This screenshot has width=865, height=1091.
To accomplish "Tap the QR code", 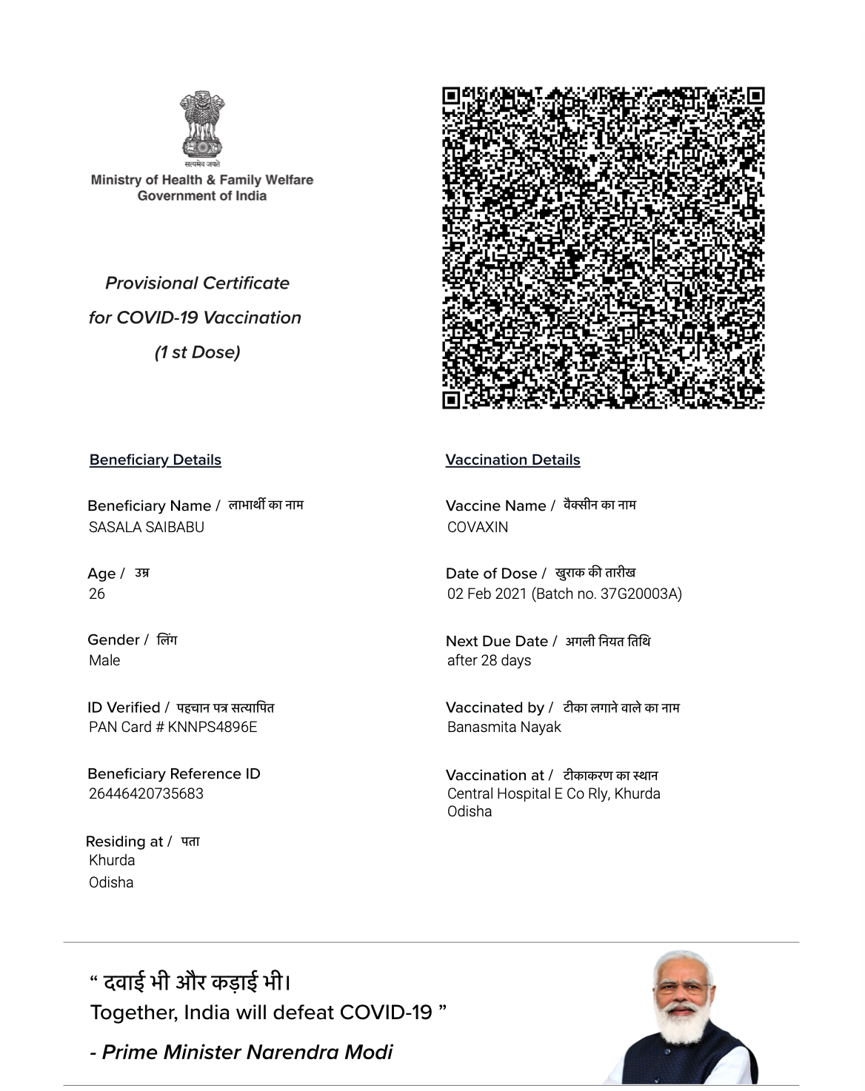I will pyautogui.click(x=603, y=247).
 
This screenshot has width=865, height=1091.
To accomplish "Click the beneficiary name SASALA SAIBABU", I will pyautogui.click(x=147, y=527).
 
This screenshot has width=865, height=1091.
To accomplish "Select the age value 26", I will pyautogui.click(x=97, y=594).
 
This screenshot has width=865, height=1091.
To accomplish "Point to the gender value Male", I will pyautogui.click(x=104, y=660).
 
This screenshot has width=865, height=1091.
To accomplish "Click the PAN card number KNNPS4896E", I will pyautogui.click(x=213, y=727).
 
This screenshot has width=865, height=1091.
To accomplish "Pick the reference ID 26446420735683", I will pyautogui.click(x=146, y=793).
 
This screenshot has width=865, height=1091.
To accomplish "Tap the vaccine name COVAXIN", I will pyautogui.click(x=478, y=527).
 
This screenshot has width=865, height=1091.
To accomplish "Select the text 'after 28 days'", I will pyautogui.click(x=489, y=660).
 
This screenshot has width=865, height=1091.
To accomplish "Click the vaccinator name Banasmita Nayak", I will pyautogui.click(x=504, y=727).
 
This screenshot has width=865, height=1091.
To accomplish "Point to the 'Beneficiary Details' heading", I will pyautogui.click(x=156, y=460).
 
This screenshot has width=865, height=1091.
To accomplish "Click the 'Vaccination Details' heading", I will pyautogui.click(x=512, y=460).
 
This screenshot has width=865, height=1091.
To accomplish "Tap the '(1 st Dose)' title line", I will pyautogui.click(x=197, y=352).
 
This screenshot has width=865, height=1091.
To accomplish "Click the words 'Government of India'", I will pyautogui.click(x=202, y=196).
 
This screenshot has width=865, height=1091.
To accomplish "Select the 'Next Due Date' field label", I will pyautogui.click(x=497, y=641).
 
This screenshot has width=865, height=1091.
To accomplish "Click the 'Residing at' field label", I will pyautogui.click(x=124, y=842).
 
